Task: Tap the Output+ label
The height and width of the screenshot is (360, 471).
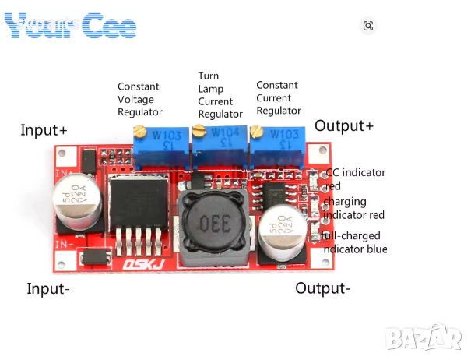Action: (344, 126)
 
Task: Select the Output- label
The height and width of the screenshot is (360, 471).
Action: (322, 288)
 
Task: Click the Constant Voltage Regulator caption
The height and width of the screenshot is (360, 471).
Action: (140, 99)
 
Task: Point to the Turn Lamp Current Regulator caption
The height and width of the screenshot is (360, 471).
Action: (215, 95)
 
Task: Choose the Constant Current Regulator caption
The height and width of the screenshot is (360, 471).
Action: (278, 97)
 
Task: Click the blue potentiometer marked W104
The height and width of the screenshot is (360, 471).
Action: (220, 141)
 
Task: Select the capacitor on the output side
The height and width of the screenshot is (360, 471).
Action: (282, 232)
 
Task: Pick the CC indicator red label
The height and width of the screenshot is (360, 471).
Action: (354, 179)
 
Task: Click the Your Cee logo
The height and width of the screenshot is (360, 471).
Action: (70, 26)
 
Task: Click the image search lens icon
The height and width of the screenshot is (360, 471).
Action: (368, 26)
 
